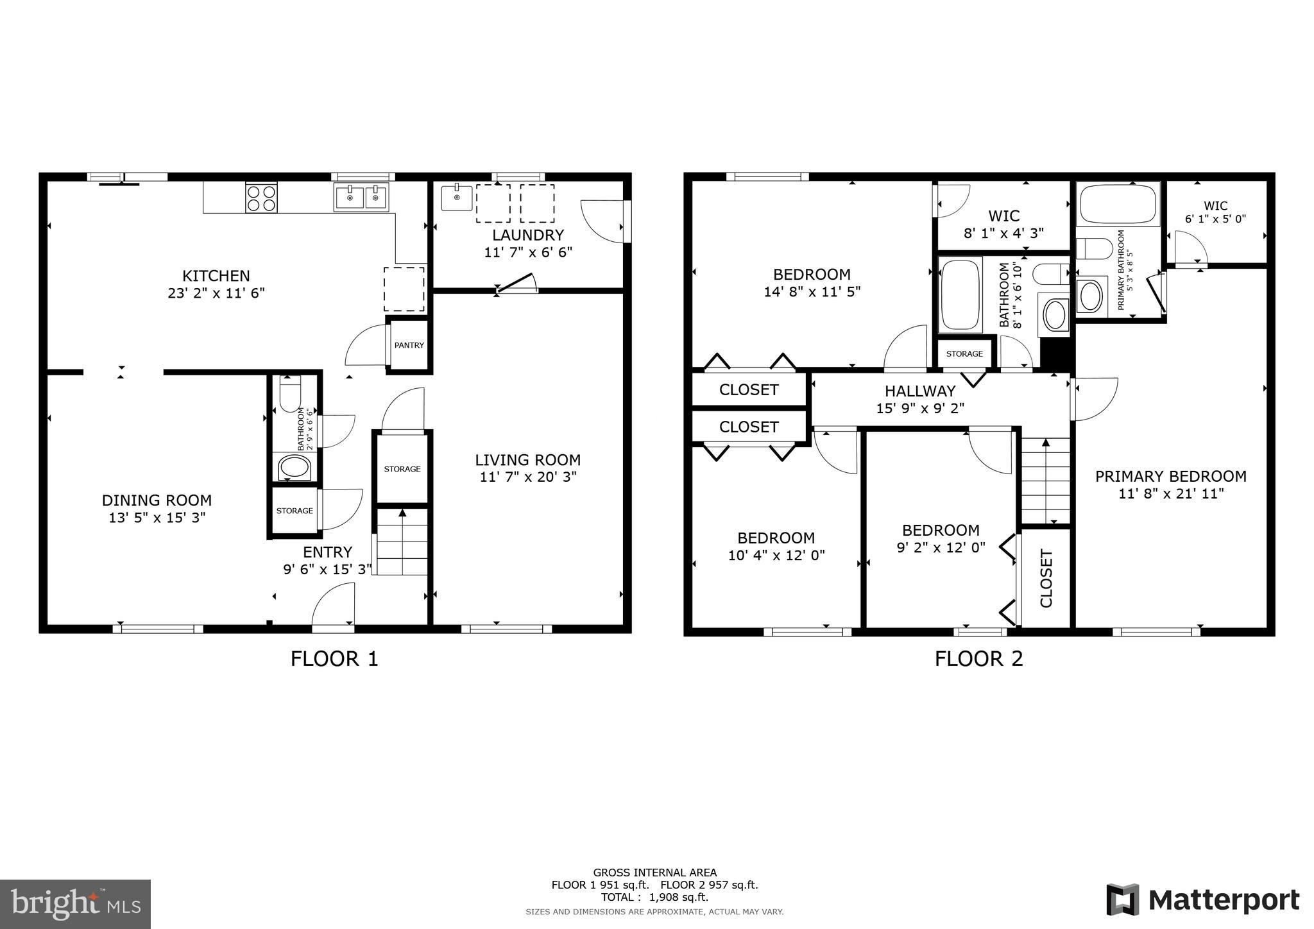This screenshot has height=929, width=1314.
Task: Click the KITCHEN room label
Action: [216, 276]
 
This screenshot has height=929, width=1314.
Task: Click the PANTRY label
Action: [409, 345]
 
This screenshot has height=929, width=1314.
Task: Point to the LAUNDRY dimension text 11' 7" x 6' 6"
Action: [527, 252]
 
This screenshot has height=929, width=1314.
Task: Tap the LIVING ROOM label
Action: [527, 460]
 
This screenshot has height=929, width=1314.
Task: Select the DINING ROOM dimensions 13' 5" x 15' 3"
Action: [157, 518]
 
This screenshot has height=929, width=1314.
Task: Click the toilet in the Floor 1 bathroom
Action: [291, 393]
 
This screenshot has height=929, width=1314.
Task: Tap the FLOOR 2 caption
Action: [978, 659]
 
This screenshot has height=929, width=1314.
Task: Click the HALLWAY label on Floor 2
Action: [920, 391]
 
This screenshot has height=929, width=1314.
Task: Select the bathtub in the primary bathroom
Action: [1118, 203]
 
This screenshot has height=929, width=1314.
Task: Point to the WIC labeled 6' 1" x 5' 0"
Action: [1215, 212]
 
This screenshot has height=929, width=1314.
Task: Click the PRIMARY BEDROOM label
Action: [1170, 476]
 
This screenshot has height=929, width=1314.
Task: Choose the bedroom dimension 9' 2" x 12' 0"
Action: [941, 547]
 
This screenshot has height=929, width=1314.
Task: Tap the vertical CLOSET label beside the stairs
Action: [1046, 578]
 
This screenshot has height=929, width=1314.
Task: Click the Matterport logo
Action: [1202, 899]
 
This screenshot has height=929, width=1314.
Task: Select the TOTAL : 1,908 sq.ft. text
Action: [654, 897]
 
